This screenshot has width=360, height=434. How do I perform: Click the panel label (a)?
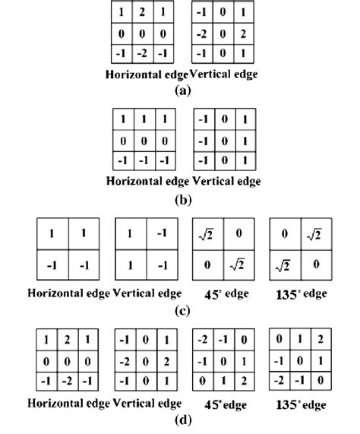coord(182,89)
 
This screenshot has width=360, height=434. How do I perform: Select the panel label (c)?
coord(182,309)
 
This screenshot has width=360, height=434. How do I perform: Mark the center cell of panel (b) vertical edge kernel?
coord(223,142)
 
